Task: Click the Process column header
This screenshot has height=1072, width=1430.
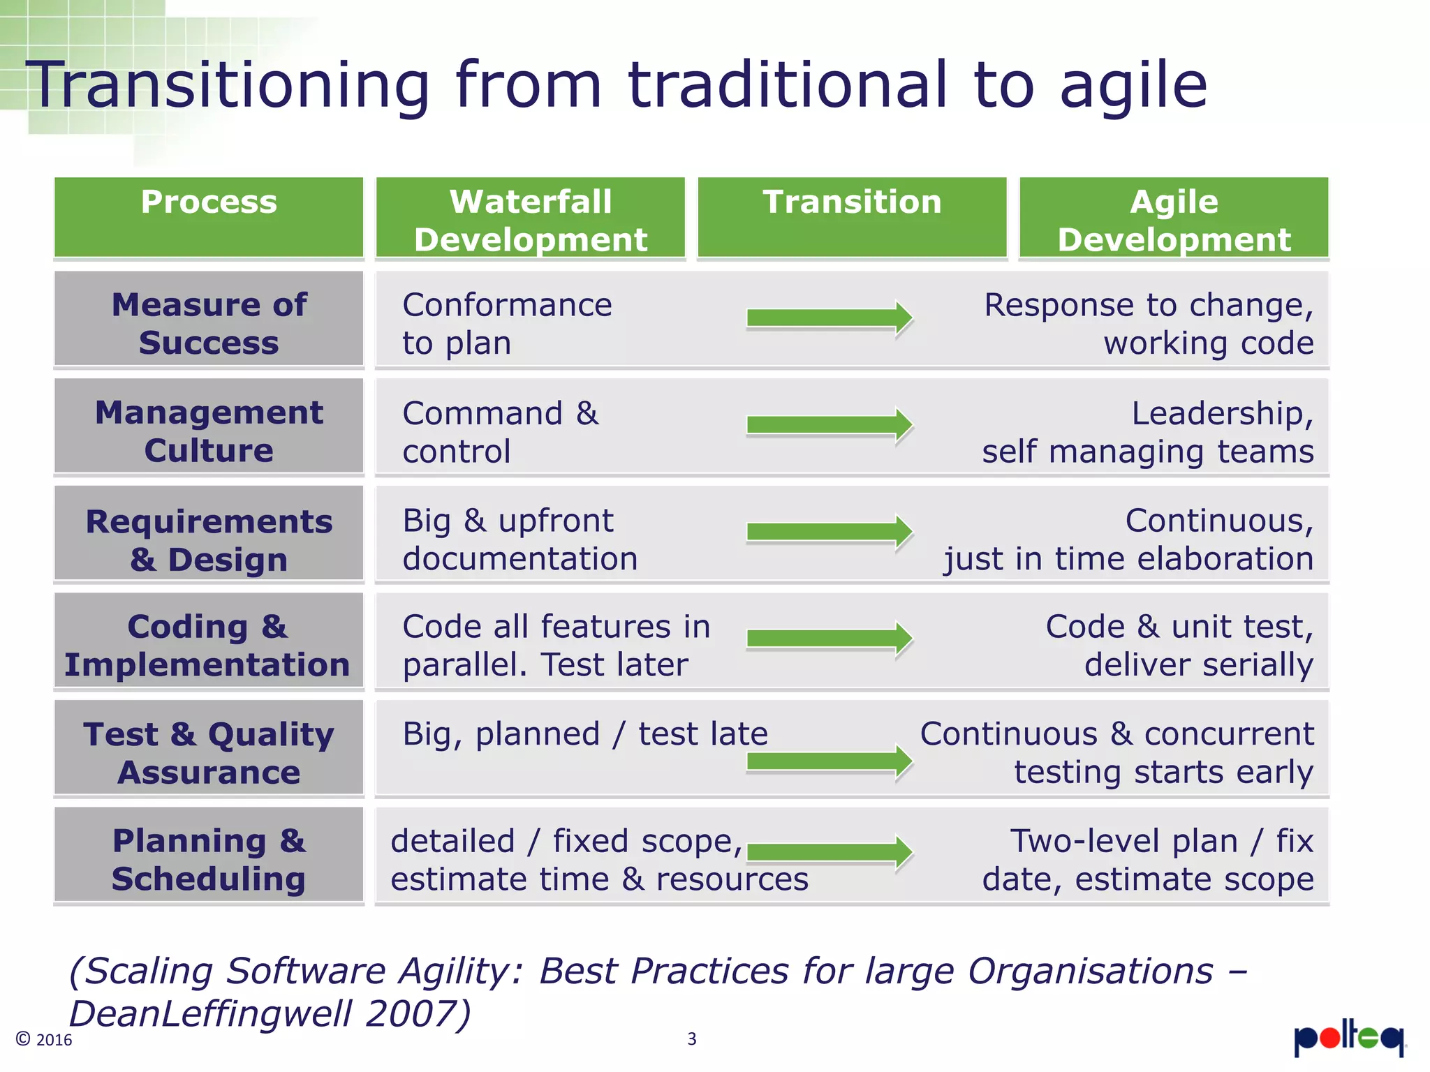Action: coord(209,217)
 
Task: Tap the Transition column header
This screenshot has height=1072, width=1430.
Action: coord(852,217)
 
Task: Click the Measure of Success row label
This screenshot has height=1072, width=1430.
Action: coord(209,323)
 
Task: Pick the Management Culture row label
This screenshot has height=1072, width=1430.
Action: coord(209,431)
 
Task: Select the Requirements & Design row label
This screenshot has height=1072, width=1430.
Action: coord(209,539)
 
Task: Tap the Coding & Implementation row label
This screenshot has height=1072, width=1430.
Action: coord(207,645)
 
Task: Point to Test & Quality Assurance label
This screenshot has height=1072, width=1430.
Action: coord(209,752)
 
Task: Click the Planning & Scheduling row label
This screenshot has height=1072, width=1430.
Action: coord(209,859)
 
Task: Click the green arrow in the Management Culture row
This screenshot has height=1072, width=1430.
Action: coord(830,425)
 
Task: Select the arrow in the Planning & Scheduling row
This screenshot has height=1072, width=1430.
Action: coord(830,852)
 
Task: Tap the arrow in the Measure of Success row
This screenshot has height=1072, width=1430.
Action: coord(830,318)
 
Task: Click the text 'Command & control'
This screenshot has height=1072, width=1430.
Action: coord(500,431)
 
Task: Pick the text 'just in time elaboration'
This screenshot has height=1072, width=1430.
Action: coord(1128,559)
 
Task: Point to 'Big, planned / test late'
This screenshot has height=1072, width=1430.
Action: coord(584,734)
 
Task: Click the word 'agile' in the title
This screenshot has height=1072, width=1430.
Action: coord(1133,87)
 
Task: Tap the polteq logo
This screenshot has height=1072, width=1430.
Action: coord(1349,1039)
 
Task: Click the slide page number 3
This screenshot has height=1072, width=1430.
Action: coord(691,1039)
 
